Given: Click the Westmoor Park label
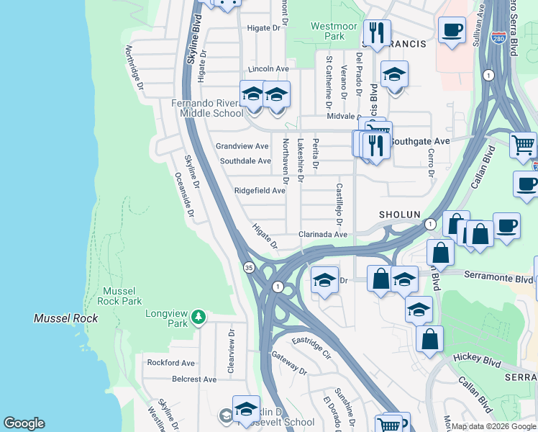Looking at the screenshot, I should (332, 31).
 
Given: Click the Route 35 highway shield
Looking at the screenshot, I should (248, 267).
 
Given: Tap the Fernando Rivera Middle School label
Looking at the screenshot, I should (207, 108).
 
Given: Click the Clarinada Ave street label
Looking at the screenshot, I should (323, 235).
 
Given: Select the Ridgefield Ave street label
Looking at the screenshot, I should (260, 191).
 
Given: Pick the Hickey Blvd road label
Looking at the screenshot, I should (477, 357).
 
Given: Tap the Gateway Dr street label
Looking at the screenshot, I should (290, 362).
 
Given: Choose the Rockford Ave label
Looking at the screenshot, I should (171, 363).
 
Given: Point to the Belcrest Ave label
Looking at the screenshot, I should (193, 379).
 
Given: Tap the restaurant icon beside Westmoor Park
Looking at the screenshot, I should (375, 32).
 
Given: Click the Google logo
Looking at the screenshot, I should (24, 423).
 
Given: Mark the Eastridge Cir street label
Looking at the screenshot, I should (310, 345).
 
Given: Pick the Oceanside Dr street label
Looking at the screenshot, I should (185, 194).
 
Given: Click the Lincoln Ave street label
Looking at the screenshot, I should (268, 69).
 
